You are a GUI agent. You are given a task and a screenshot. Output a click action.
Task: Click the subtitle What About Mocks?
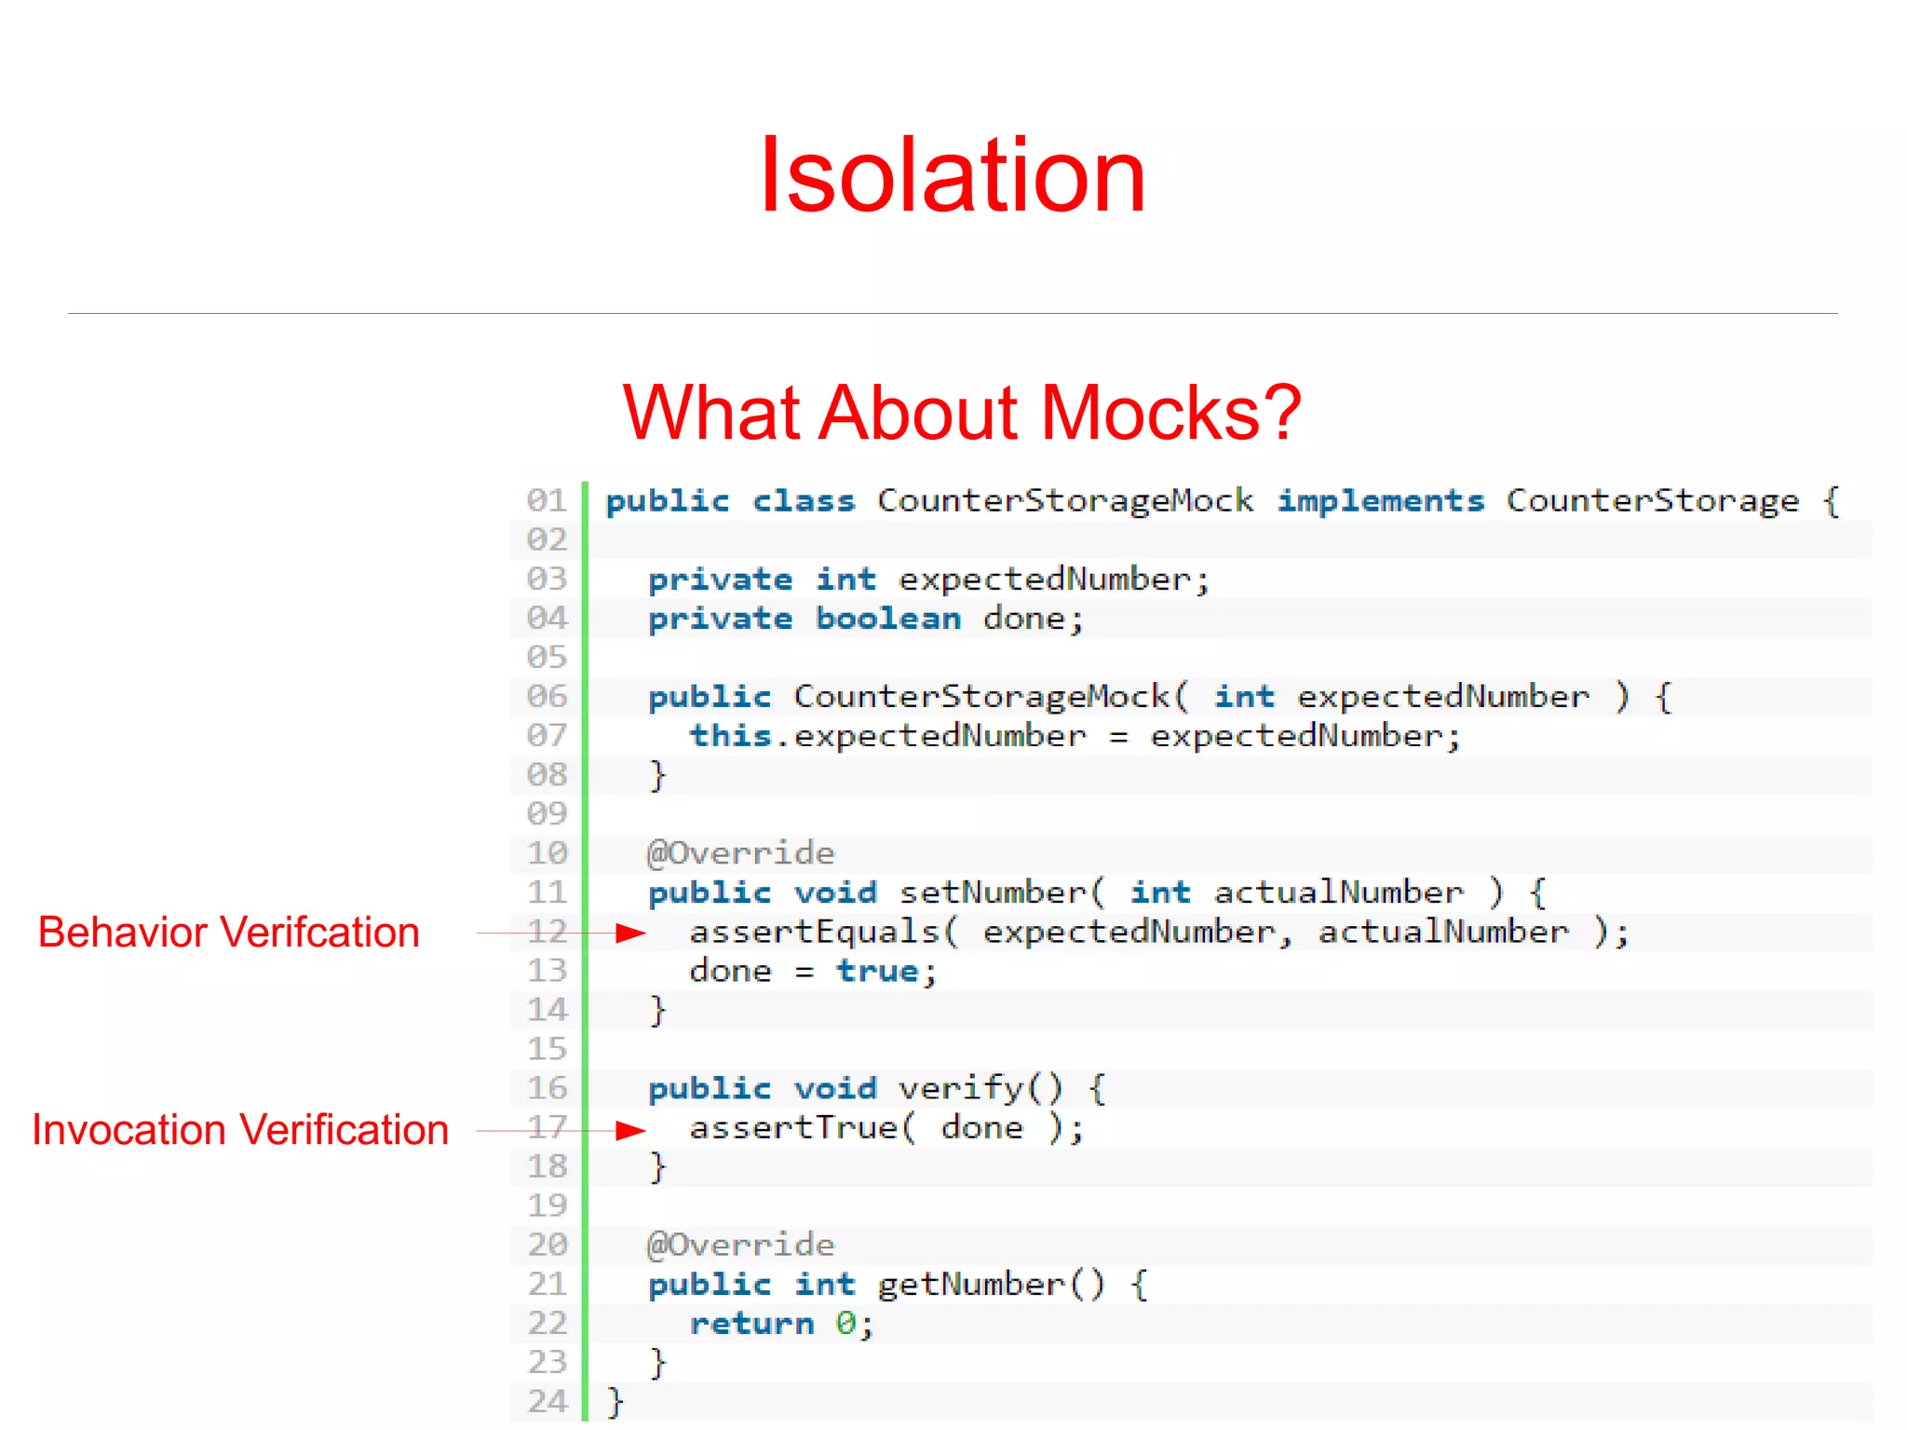click(x=961, y=412)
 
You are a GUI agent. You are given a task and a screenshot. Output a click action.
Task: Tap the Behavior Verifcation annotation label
click(x=229, y=933)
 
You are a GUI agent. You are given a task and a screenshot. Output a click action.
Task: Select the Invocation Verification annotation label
click(x=240, y=1130)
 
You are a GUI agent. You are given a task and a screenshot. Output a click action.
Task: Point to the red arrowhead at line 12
click(x=632, y=933)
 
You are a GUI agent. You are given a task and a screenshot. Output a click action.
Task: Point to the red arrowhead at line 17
click(x=632, y=1130)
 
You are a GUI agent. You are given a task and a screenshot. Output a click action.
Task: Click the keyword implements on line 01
click(x=1380, y=501)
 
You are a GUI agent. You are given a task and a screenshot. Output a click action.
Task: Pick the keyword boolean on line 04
click(x=888, y=619)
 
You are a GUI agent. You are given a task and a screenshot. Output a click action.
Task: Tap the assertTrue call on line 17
click(x=794, y=1128)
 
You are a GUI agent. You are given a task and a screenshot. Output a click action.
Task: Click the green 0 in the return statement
click(x=845, y=1324)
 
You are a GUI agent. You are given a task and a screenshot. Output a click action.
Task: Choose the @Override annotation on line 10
click(x=741, y=853)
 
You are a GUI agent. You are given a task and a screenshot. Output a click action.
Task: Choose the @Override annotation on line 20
click(x=741, y=1245)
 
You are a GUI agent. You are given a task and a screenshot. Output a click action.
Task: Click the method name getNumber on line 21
click(x=970, y=1285)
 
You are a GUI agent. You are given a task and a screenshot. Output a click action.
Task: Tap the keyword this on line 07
click(x=731, y=736)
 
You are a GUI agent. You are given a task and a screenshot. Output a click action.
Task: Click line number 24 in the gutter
click(x=548, y=1401)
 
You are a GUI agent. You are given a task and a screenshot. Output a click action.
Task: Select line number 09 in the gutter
click(x=548, y=813)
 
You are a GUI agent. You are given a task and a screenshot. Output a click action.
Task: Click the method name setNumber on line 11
click(x=992, y=892)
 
